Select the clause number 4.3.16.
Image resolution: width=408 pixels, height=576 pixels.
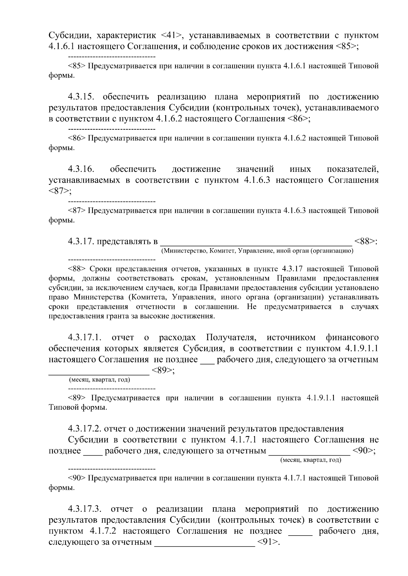[x=81, y=169]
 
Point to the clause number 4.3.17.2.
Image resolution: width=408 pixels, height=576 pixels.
[x=85, y=429]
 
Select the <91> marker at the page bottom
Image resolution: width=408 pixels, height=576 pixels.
[x=268, y=542]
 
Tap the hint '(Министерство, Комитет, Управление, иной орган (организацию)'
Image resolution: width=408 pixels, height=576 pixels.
[x=257, y=251]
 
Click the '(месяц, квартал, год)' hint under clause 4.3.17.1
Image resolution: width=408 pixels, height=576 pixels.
[x=100, y=379]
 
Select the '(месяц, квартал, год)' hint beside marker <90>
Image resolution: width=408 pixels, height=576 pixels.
[x=310, y=460]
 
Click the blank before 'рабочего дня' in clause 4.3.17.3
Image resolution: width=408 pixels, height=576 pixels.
[x=300, y=531]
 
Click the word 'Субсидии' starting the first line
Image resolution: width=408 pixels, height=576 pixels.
[x=69, y=36]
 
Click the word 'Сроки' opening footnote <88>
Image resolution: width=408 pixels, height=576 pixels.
[x=101, y=269]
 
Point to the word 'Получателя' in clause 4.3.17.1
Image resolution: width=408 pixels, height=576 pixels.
[x=231, y=338]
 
